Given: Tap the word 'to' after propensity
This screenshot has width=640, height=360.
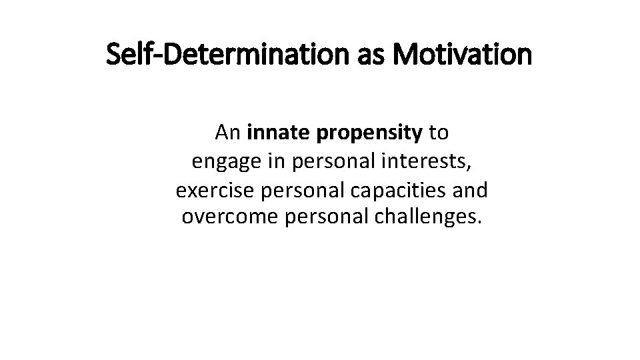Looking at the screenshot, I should point(439,134).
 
